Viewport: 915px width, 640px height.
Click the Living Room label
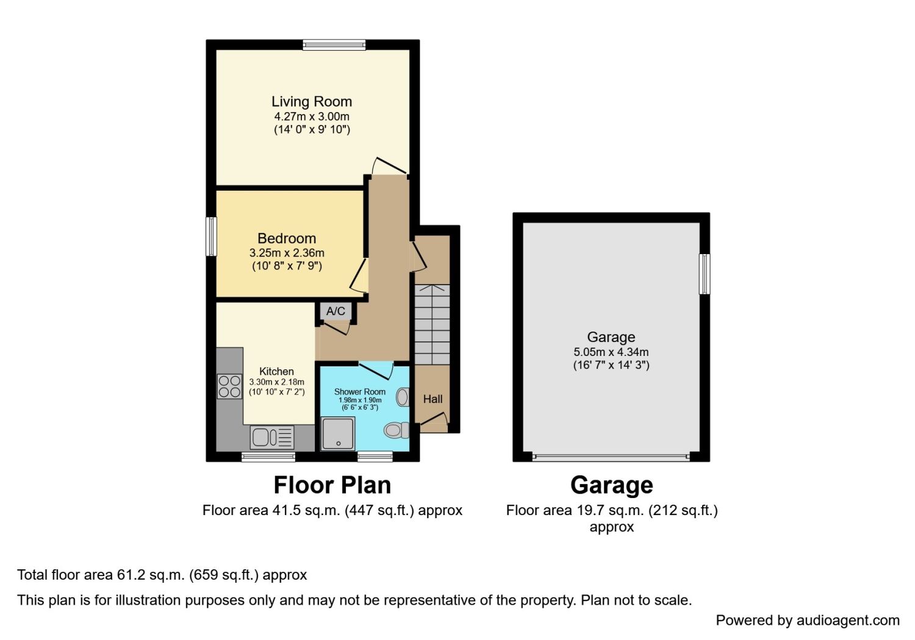pyautogui.click(x=312, y=102)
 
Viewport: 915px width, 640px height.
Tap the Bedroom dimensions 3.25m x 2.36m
pyautogui.click(x=287, y=253)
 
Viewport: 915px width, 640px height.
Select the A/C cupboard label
pyautogui.click(x=335, y=311)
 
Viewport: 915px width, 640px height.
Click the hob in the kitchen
pyautogui.click(x=229, y=386)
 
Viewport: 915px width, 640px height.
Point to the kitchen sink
pyautogui.click(x=272, y=438)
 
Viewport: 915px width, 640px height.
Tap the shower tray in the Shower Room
pyautogui.click(x=338, y=434)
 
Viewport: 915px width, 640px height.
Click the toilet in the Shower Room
pyautogui.click(x=396, y=430)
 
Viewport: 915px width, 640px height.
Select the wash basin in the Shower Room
pyautogui.click(x=403, y=397)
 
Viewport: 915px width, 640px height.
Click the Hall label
pyautogui.click(x=432, y=399)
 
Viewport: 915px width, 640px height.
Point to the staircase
pyautogui.click(x=432, y=324)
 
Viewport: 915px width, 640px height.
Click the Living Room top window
pyautogui.click(x=334, y=44)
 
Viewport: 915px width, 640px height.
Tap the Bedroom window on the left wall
pyautogui.click(x=211, y=236)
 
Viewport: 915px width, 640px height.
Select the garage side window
pyautogui.click(x=704, y=274)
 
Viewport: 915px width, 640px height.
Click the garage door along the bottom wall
pyautogui.click(x=611, y=457)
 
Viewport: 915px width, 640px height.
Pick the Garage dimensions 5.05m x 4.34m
pyautogui.click(x=611, y=352)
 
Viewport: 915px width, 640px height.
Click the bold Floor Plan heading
pyautogui.click(x=332, y=485)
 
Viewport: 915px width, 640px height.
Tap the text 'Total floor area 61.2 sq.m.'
pyautogui.click(x=101, y=575)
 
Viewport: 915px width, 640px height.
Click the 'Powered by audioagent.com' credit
pyautogui.click(x=808, y=620)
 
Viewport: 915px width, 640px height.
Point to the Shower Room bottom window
pyautogui.click(x=375, y=457)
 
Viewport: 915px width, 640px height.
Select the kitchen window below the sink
pyautogui.click(x=268, y=457)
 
